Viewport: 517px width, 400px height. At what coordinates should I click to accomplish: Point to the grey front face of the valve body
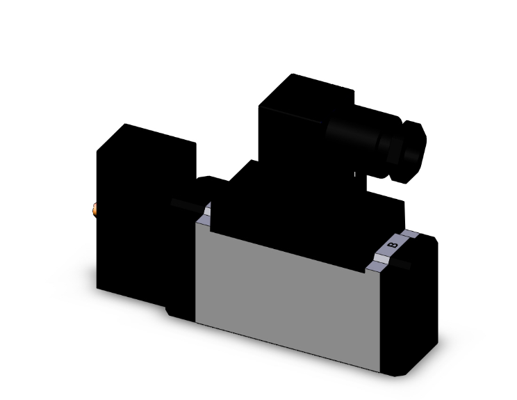(x=292, y=292)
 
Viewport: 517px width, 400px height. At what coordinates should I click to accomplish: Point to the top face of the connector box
(x=309, y=87)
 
